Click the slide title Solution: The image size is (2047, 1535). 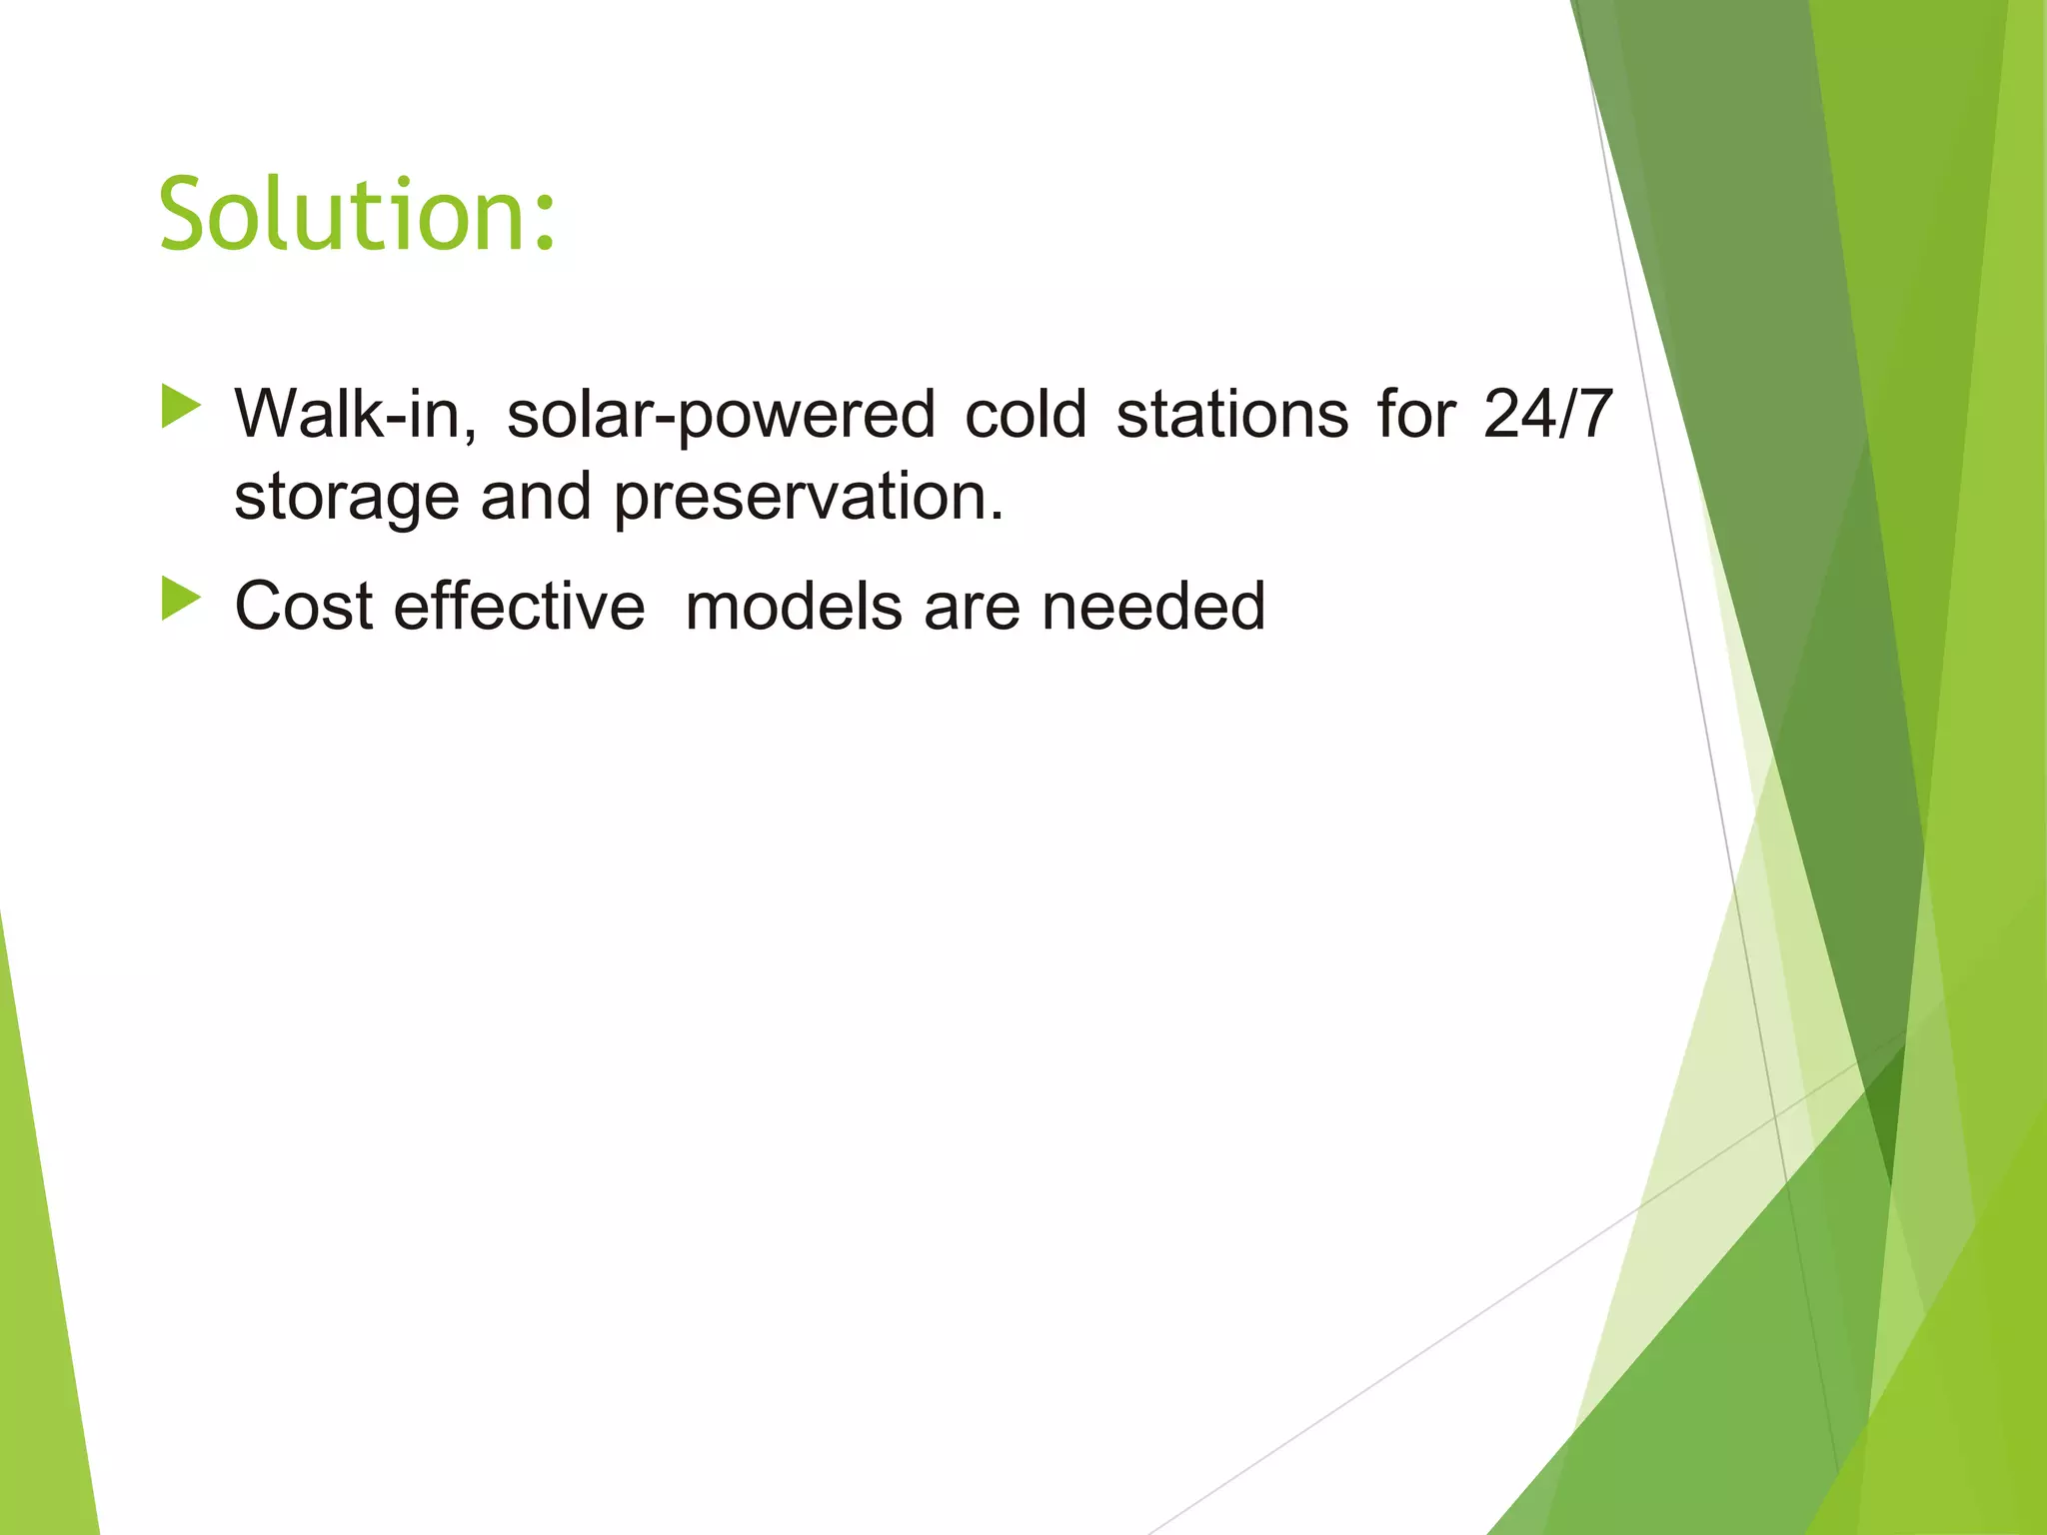click(356, 214)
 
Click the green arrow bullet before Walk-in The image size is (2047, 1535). click(181, 407)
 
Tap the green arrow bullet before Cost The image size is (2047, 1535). click(181, 599)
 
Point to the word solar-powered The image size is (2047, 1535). click(721, 416)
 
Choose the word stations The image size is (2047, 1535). click(1231, 414)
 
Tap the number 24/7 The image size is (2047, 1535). click(1547, 414)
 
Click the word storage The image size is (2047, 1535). click(346, 498)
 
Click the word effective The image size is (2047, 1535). click(519, 607)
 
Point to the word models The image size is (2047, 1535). click(794, 607)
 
